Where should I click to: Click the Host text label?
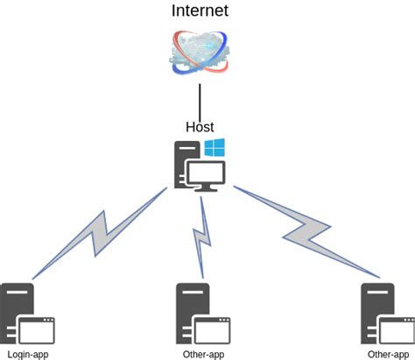(x=200, y=127)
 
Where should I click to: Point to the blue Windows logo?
(x=215, y=147)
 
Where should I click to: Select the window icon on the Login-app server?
(x=38, y=329)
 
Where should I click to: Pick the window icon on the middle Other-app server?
(x=213, y=329)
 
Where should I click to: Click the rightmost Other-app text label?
(x=388, y=355)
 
